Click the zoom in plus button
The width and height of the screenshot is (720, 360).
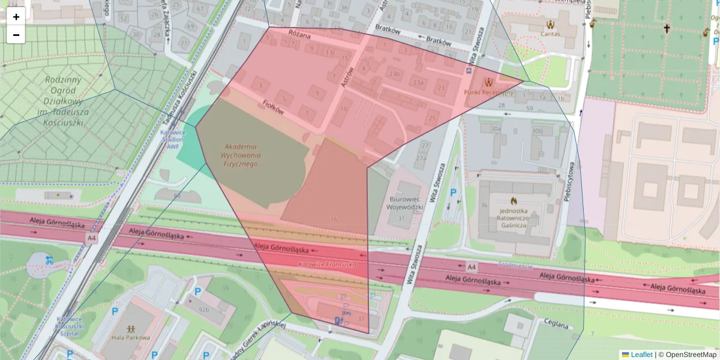[16, 17]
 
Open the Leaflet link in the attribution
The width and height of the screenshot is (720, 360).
[641, 355]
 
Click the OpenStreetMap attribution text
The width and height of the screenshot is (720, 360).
[690, 355]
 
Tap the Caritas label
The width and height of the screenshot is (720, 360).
[550, 34]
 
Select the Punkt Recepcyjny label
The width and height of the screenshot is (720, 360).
[489, 92]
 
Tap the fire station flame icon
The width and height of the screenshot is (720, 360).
[514, 201]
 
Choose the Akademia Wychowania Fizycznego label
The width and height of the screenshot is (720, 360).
[241, 155]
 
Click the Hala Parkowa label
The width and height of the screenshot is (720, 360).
[131, 337]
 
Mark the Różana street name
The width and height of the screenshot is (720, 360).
[299, 35]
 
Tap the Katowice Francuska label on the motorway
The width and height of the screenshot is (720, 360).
[328, 265]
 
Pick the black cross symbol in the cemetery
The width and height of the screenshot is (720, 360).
[666, 28]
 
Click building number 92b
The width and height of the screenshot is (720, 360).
[205, 310]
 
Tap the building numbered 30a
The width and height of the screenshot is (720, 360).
[496, 129]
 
